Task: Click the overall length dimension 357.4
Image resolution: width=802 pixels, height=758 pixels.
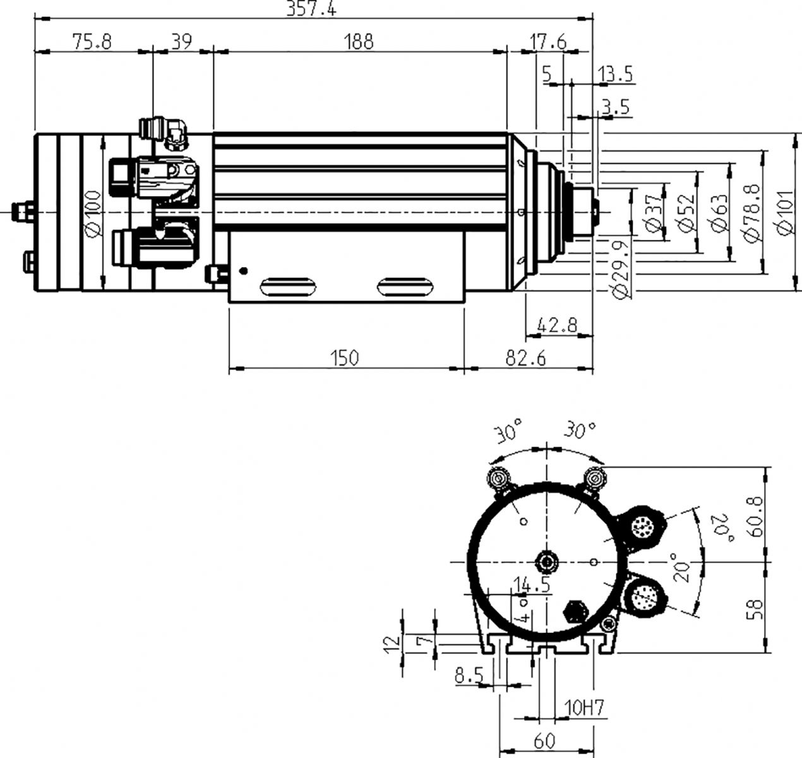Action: coord(311,8)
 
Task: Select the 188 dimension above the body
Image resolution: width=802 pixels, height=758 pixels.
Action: coord(359,42)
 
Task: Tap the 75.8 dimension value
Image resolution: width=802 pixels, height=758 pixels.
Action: coord(92,42)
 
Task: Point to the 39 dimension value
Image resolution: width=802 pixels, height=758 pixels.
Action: coord(182,42)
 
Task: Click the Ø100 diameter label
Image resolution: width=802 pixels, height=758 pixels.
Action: coord(93,214)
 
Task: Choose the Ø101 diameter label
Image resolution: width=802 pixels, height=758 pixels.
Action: coord(785,212)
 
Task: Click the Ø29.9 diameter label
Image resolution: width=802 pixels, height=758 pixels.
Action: coord(620,270)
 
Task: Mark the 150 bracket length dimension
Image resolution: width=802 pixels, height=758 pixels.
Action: coord(344,358)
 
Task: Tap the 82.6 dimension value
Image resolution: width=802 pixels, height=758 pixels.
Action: coord(525,358)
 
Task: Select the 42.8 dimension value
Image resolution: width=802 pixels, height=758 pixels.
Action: coord(557,325)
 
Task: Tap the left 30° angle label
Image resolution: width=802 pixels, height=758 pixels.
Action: coord(509,431)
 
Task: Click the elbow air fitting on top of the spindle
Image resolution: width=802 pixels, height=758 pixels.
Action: coord(163,133)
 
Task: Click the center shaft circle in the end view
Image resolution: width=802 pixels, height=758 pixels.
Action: coord(547,562)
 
